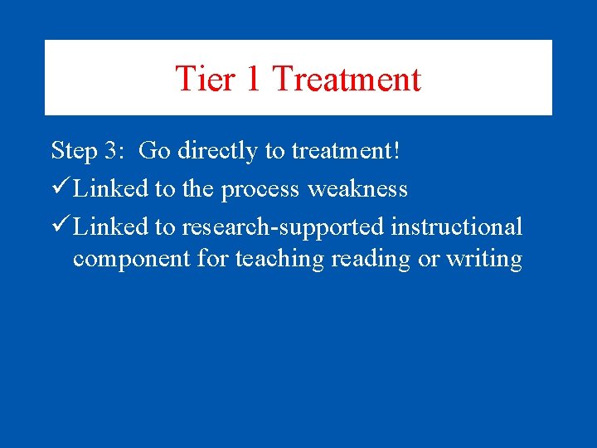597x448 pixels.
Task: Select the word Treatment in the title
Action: point(347,79)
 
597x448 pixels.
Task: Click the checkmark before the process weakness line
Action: point(60,189)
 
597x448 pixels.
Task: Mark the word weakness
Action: point(357,189)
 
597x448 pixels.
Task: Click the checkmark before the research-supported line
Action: point(60,226)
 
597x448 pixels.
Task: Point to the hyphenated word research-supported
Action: point(283,226)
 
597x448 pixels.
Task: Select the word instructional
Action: point(457,226)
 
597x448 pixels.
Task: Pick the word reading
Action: point(371,259)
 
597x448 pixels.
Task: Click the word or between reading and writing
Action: point(428,259)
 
